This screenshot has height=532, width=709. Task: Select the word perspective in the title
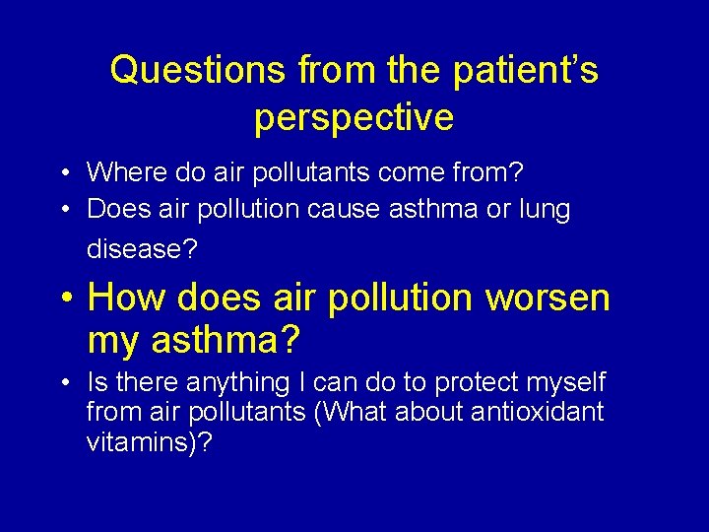354,117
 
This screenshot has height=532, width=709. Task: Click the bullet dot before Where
62,173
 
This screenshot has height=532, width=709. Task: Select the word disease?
142,249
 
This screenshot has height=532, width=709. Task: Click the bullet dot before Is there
62,383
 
